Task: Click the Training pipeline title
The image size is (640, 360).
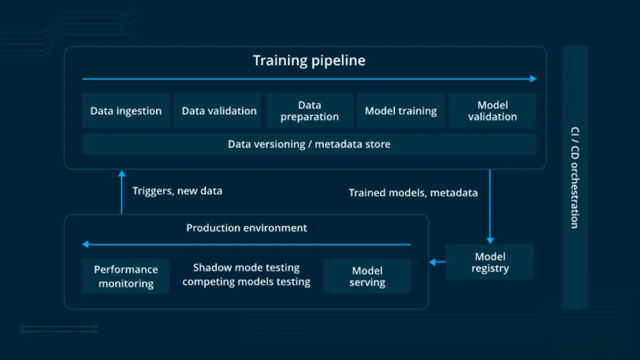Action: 309,61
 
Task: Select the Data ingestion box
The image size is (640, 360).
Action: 126,111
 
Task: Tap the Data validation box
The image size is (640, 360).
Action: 217,111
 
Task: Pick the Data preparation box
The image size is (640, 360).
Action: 309,111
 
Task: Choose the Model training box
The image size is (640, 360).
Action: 401,111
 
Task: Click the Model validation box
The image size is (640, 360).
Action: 492,111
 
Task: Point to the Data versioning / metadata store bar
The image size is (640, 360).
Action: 309,144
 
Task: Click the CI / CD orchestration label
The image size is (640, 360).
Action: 575,178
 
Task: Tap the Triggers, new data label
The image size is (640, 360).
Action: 177,191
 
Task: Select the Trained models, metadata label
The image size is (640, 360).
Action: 413,192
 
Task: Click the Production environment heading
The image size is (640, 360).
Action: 246,227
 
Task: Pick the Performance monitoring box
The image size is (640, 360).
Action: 126,276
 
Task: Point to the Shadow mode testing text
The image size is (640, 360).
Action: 246,267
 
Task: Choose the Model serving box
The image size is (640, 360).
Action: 367,276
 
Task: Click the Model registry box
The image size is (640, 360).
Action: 490,262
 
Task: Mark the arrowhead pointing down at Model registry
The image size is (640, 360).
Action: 490,241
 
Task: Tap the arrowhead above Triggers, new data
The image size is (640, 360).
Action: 122,174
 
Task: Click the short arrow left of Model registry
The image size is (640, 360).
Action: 437,262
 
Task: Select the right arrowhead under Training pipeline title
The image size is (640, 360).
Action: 533,79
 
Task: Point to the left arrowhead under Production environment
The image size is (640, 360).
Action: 85,244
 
